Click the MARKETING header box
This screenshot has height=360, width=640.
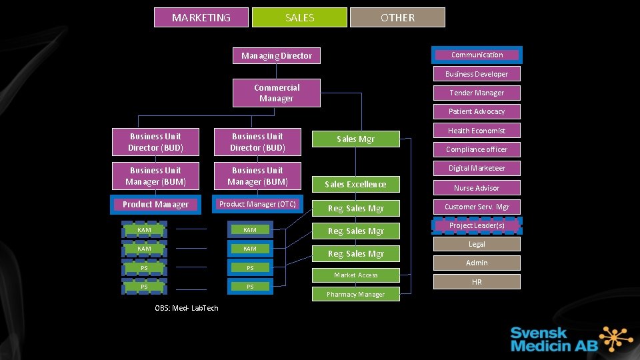(201, 17)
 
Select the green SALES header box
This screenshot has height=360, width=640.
(299, 17)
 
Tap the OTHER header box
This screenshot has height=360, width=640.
(397, 17)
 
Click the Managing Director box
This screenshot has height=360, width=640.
(277, 55)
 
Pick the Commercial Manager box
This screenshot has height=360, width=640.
(277, 93)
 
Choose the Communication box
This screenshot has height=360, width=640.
(477, 55)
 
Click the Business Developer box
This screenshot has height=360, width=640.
(477, 74)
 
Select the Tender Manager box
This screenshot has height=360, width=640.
(477, 93)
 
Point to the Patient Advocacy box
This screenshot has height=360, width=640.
(477, 111)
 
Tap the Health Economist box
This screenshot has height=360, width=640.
(477, 131)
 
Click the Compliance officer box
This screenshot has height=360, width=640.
(477, 149)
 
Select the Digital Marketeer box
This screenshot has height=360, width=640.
(477, 168)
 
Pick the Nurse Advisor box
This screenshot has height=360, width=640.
(477, 188)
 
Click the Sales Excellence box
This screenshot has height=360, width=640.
(355, 184)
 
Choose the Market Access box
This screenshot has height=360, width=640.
(355, 275)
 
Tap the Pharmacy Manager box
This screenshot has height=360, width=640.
(355, 294)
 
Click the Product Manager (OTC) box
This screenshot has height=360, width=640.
(257, 204)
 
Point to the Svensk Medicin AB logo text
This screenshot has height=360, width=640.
(539, 339)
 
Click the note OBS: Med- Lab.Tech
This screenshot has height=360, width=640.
(187, 307)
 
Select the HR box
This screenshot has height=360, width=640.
(477, 282)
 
